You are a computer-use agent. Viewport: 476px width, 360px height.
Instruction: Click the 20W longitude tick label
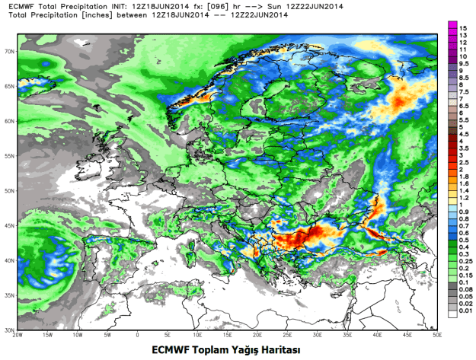click(x=17, y=336)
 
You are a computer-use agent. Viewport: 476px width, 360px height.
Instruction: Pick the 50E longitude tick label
click(x=436, y=336)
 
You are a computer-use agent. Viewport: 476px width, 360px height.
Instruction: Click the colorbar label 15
click(x=462, y=27)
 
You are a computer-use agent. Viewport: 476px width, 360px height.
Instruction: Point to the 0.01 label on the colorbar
click(x=464, y=311)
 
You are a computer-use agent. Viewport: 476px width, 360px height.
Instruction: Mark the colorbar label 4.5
click(x=462, y=134)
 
